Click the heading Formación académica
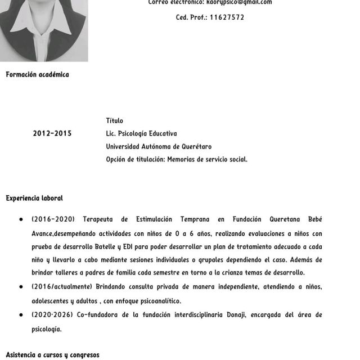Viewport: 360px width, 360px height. (x=37, y=75)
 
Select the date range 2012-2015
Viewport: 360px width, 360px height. (x=52, y=134)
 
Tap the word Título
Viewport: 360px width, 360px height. (x=114, y=121)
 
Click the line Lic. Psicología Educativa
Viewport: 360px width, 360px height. (x=141, y=134)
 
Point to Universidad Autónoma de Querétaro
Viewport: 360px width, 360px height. (x=159, y=147)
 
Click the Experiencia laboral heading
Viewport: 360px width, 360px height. (x=34, y=199)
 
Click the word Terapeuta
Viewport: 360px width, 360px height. (x=101, y=219)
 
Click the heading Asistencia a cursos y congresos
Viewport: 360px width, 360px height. (x=52, y=355)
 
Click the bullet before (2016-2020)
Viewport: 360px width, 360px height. (x=21, y=219)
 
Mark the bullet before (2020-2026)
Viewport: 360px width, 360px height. (x=21, y=315)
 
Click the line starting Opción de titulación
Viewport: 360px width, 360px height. (x=177, y=160)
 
